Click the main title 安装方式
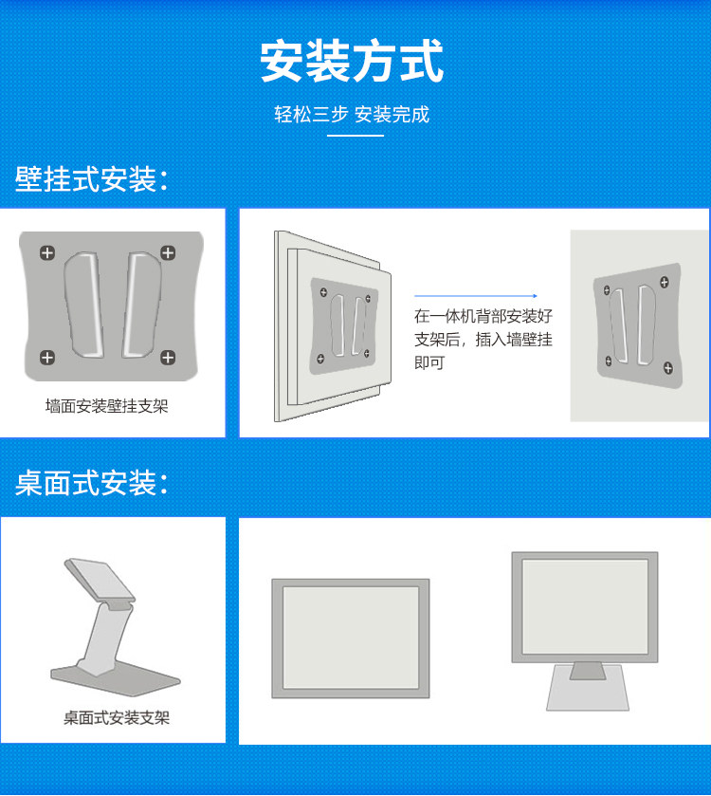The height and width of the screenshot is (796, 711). point(352,61)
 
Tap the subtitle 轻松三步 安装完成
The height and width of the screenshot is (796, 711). point(352,115)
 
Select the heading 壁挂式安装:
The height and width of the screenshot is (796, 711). point(91,179)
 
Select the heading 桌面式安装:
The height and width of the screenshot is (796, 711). point(91,482)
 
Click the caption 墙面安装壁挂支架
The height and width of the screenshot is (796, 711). point(106,406)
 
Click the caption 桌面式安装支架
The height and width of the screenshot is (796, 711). point(117,718)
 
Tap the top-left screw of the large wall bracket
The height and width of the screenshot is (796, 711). point(47,252)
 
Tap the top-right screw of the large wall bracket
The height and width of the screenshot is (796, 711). point(168,252)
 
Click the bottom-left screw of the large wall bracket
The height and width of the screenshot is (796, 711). point(47,358)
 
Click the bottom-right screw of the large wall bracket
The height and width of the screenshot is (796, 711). point(168,358)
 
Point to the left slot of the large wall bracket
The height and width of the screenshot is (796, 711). point(83,305)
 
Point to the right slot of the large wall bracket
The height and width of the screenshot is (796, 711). point(141,305)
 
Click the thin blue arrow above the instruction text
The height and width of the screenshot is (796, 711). point(476,295)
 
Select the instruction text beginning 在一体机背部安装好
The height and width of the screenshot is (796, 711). point(483,340)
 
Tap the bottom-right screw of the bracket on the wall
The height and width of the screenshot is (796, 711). point(668,368)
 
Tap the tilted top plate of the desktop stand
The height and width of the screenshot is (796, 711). point(100,579)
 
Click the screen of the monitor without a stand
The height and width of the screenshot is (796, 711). point(351,638)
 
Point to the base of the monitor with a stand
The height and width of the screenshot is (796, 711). point(588,688)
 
